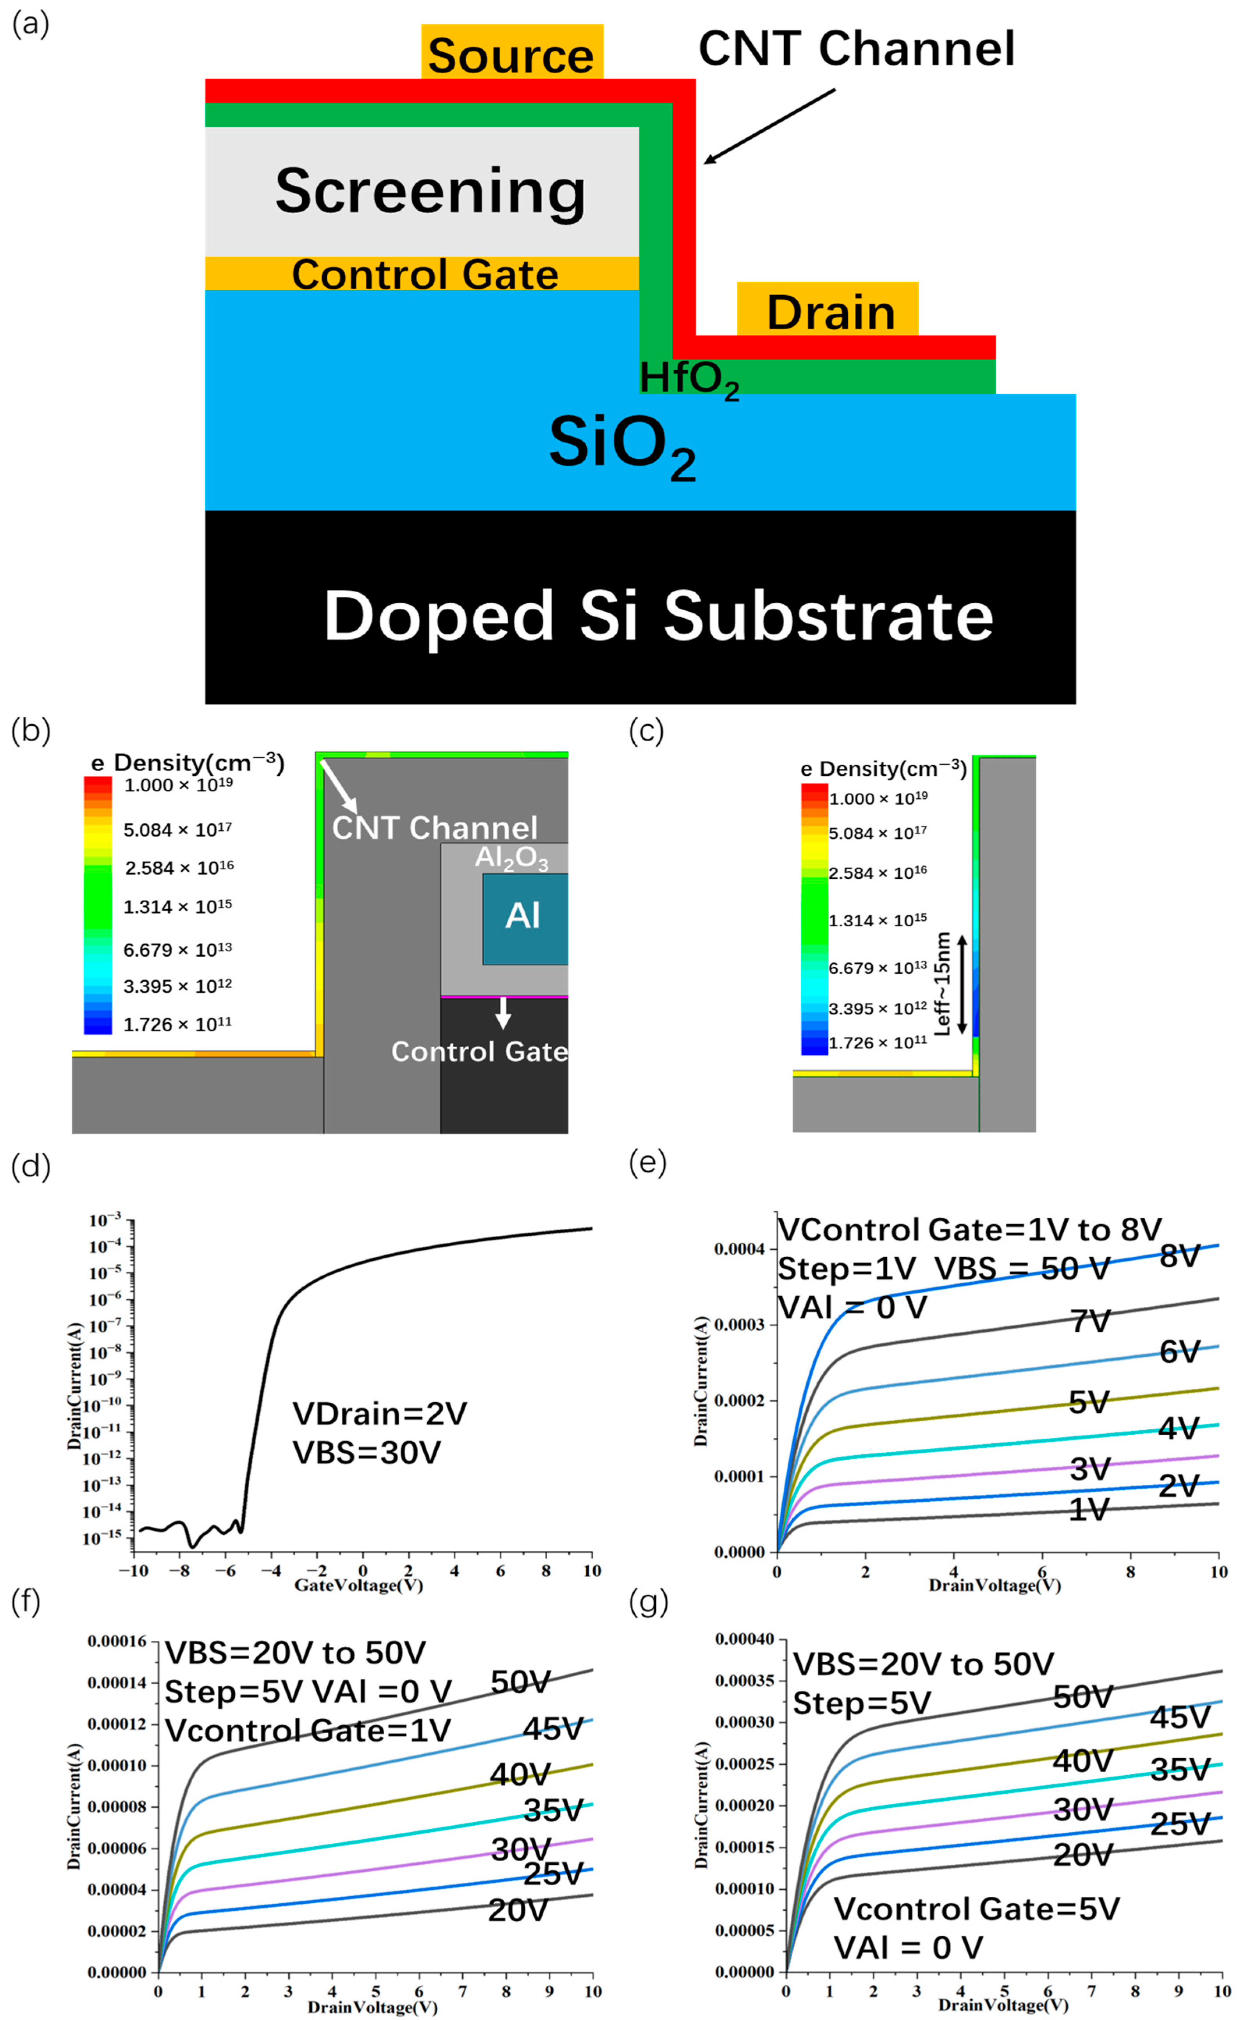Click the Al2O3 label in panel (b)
pyautogui.click(x=511, y=857)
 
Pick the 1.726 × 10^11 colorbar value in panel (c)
pyautogui.click(x=877, y=1043)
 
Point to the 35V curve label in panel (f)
pyautogui.click(x=553, y=1810)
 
